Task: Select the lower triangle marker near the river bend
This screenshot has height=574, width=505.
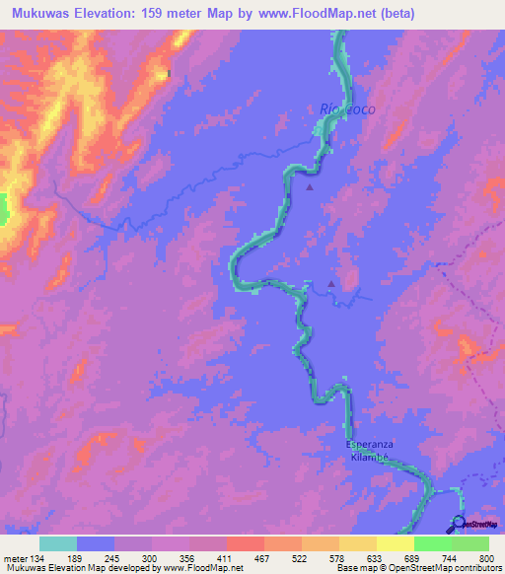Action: (331, 285)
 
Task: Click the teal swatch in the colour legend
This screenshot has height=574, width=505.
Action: (58, 543)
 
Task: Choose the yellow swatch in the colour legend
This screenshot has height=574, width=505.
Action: (395, 543)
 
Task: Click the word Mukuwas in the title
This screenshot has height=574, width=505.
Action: (37, 15)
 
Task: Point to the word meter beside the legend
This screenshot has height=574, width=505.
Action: (13, 557)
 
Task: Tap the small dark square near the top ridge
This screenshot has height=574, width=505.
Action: (170, 72)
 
